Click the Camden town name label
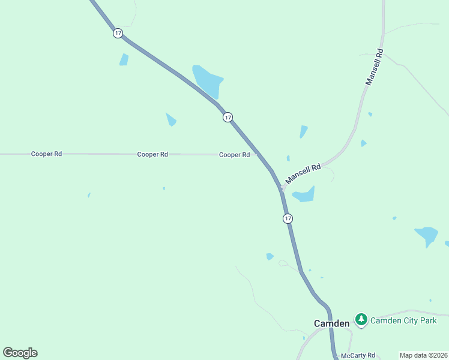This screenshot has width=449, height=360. (x=331, y=323)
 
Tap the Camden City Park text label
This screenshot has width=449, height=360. (x=403, y=320)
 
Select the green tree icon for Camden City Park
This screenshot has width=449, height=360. (x=361, y=320)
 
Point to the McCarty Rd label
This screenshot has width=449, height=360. (x=358, y=356)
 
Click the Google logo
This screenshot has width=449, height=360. (x=20, y=353)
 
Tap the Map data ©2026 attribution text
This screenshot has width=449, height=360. (x=423, y=355)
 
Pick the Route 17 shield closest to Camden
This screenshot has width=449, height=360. (x=288, y=218)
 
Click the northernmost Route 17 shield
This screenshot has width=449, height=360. (x=118, y=34)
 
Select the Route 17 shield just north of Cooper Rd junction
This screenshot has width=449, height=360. (x=228, y=117)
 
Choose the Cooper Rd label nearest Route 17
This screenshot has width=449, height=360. (x=234, y=155)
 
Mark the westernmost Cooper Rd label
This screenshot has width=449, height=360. (x=46, y=154)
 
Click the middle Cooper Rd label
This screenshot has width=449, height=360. (x=152, y=154)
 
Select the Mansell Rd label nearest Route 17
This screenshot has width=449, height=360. (x=303, y=173)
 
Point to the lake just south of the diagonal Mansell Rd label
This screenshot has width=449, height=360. (x=304, y=194)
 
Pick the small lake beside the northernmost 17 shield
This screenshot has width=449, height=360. (x=124, y=59)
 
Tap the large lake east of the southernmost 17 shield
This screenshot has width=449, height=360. (x=426, y=235)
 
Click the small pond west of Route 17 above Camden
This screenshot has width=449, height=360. (x=270, y=257)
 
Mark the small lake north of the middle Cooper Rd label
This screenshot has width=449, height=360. (x=171, y=119)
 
